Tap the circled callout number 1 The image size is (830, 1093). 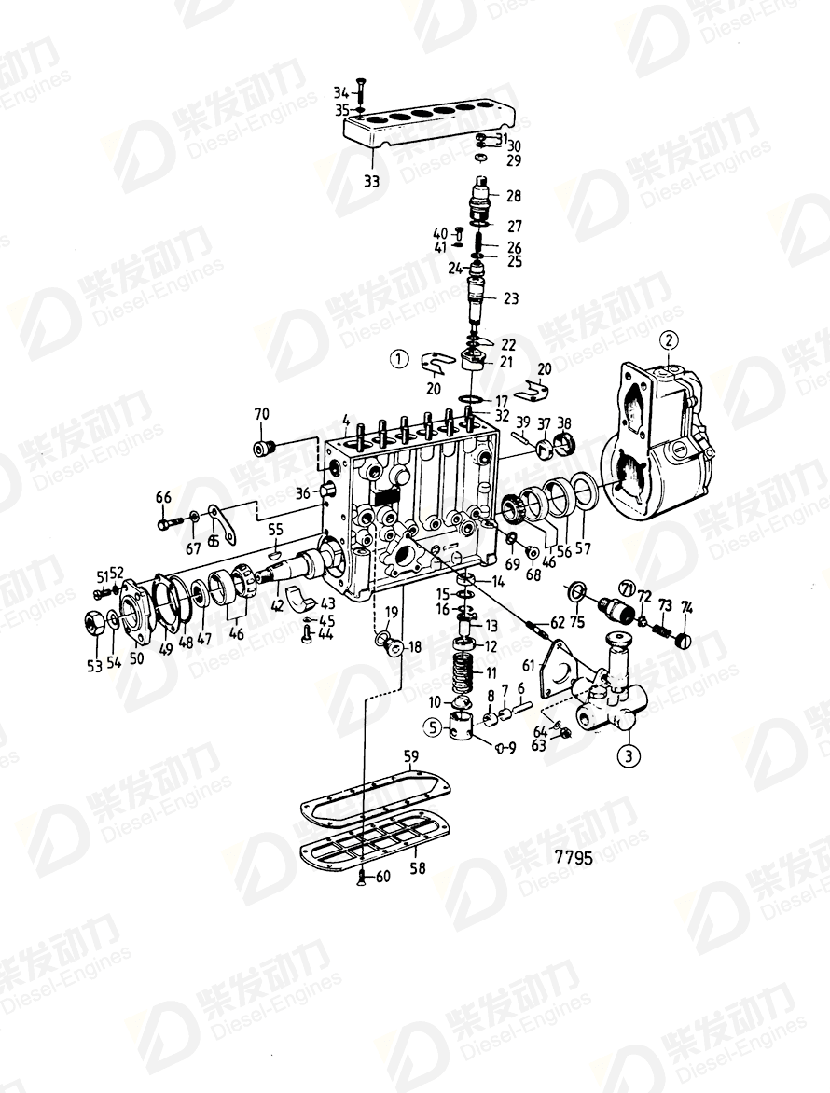(398, 357)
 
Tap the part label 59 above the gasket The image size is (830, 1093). (410, 755)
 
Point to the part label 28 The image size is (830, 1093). (513, 196)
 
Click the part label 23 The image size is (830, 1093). (511, 298)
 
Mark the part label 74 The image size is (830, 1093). (688, 607)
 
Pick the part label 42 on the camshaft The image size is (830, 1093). (276, 604)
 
